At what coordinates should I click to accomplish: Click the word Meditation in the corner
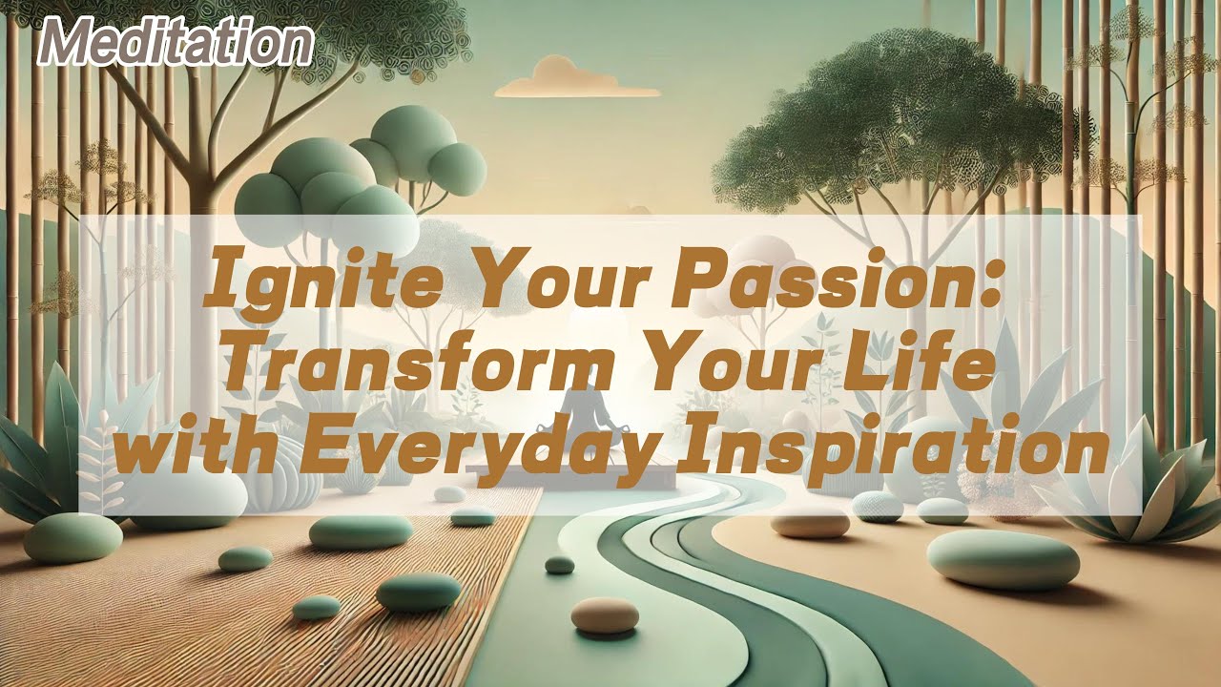(x=178, y=43)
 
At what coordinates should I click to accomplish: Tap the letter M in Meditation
(x=69, y=43)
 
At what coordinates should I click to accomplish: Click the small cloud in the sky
(x=576, y=78)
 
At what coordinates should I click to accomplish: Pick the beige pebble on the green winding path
(x=605, y=614)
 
